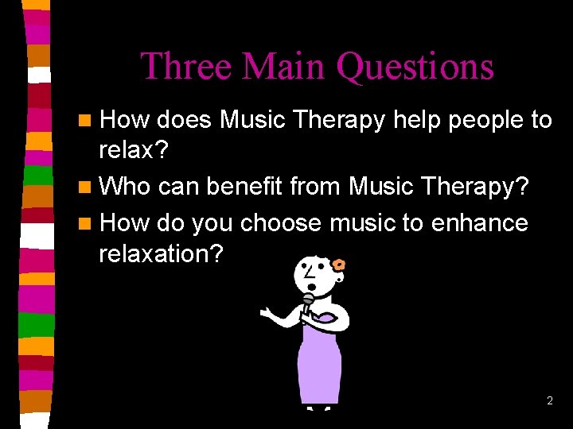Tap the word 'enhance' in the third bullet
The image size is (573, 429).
479,222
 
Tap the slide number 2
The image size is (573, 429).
549,401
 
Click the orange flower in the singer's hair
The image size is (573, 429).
339,265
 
